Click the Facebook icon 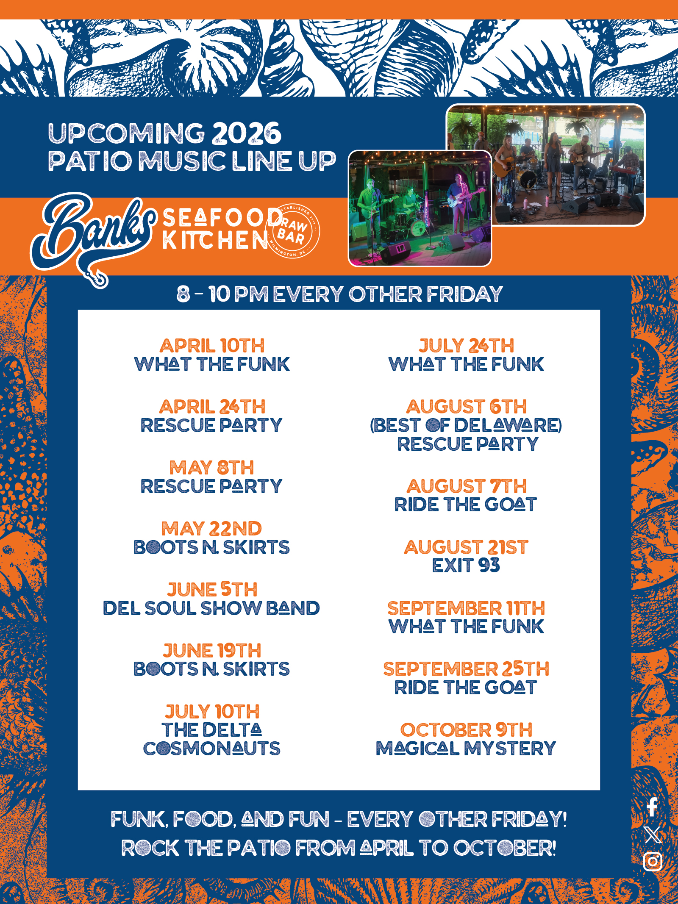[653, 807]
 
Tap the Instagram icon [653, 861]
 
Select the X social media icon [653, 835]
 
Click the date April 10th [212, 346]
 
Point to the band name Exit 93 [466, 566]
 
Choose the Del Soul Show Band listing [211, 608]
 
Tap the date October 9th [466, 730]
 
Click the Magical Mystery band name [466, 749]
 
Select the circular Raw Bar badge [292, 231]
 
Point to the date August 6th [466, 407]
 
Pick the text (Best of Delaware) [466, 425]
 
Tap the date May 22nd [212, 529]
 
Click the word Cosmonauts [212, 749]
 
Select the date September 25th [466, 669]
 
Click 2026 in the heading [247, 133]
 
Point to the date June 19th [212, 651]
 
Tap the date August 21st [466, 547]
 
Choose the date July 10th [212, 711]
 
